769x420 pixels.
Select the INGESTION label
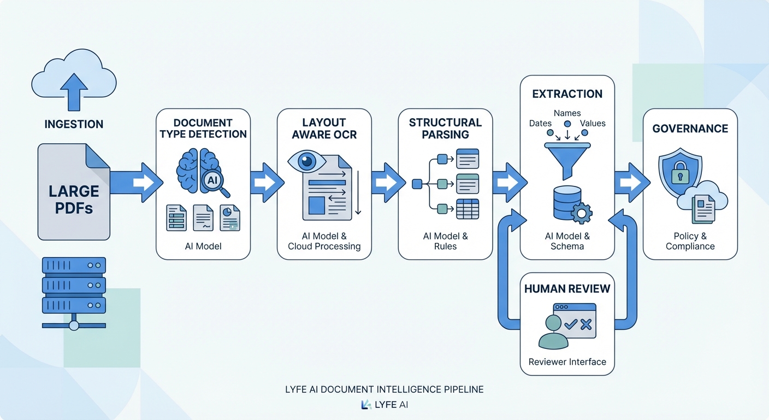pyautogui.click(x=74, y=125)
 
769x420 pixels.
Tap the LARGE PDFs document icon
pyautogui.click(x=74, y=191)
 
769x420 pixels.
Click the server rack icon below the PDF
pyautogui.click(x=74, y=293)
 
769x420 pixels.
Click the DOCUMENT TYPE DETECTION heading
pyautogui.click(x=203, y=129)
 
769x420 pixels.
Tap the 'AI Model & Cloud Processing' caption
pyautogui.click(x=324, y=241)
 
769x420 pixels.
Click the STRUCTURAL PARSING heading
pyautogui.click(x=445, y=129)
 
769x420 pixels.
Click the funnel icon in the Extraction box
pyautogui.click(x=567, y=159)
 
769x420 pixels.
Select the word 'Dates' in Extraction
pyautogui.click(x=540, y=124)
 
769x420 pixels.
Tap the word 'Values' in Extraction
pyautogui.click(x=593, y=124)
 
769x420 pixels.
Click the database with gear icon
pyautogui.click(x=571, y=205)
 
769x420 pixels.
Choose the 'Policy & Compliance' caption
pyautogui.click(x=690, y=241)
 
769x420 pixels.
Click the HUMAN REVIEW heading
pyautogui.click(x=567, y=289)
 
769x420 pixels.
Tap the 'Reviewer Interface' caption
pyautogui.click(x=567, y=361)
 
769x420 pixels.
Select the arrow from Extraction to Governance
pyautogui.click(x=631, y=182)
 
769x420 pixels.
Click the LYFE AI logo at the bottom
pyautogui.click(x=384, y=405)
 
